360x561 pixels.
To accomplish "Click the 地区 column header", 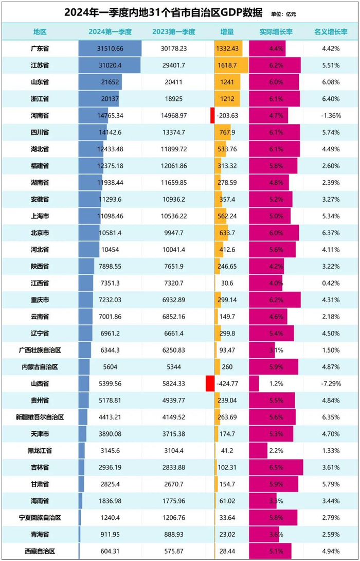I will click(40, 32).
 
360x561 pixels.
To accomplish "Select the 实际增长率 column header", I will click(276, 32).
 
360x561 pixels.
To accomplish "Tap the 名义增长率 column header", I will click(330, 32).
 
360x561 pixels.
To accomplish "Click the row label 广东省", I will click(40, 49).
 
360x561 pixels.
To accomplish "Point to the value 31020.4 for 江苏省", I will click(110, 65).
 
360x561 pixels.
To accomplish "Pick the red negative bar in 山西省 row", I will click(210, 383).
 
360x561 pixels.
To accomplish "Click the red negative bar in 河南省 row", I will click(212, 115).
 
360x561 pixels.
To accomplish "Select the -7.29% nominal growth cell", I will click(330, 383).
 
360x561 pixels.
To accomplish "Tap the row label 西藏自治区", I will click(40, 551).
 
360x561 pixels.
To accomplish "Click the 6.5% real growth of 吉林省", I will click(276, 467).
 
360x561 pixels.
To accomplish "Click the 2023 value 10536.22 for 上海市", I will click(174, 216).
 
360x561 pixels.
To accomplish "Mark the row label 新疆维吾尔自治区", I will click(40, 417).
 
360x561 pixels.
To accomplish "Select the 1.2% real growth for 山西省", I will click(276, 383).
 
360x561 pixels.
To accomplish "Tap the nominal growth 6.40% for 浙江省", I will click(330, 99).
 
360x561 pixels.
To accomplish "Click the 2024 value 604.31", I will click(110, 551).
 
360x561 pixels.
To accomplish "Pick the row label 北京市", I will click(40, 233).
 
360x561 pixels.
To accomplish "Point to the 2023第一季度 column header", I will click(174, 32).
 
